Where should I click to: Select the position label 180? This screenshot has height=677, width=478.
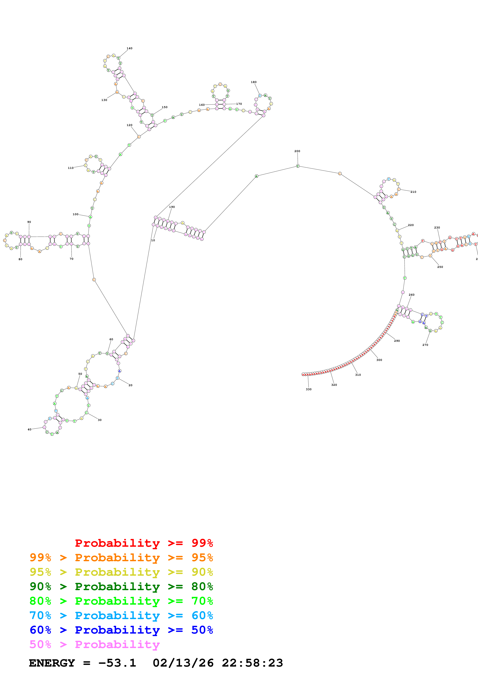(x=254, y=82)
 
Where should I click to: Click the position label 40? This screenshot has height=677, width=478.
(x=30, y=429)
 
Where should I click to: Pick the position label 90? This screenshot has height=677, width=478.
(x=29, y=222)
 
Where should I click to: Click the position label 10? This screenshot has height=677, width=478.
(x=153, y=240)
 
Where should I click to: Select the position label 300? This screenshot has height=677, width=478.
(x=379, y=360)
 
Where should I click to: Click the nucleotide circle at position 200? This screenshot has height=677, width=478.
(x=298, y=166)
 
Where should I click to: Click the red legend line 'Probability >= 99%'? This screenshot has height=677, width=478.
(x=144, y=543)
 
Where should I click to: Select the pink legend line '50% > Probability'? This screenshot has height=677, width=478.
(x=94, y=644)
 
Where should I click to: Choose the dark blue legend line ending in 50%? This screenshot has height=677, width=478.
(x=121, y=630)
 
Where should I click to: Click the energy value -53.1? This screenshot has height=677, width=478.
(x=117, y=663)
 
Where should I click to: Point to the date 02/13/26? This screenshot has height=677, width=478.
(x=183, y=663)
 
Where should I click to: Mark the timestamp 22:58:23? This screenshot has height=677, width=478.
(x=252, y=663)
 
